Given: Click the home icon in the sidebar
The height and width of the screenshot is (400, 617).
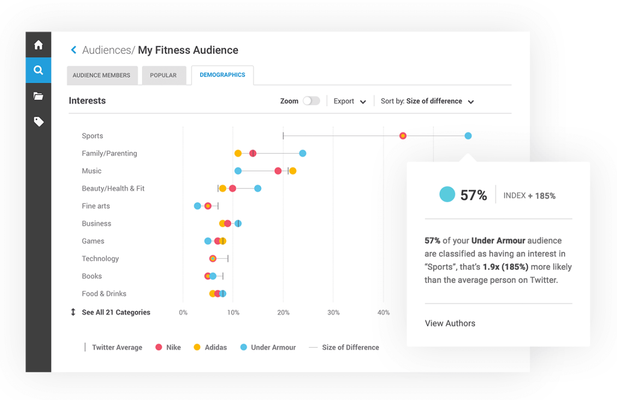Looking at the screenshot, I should tap(38, 45).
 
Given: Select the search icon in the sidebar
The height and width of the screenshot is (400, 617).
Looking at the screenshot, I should tap(38, 70).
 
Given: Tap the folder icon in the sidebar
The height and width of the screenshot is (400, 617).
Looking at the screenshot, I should tap(38, 96).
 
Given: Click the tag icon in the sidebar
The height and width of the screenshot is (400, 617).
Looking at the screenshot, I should tap(38, 122).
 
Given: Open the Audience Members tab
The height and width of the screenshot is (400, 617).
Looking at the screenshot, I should tap(102, 75).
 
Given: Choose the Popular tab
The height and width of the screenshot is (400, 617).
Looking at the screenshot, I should tap(163, 75).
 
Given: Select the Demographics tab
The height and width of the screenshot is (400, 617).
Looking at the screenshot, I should tap(222, 75).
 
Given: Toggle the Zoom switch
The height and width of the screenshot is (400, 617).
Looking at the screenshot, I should tap(311, 101).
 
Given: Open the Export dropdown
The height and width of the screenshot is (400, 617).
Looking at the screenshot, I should tap(350, 101).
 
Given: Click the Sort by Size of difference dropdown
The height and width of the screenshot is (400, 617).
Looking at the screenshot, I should tap(427, 101).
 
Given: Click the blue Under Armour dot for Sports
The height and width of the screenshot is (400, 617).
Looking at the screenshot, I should tap(468, 136).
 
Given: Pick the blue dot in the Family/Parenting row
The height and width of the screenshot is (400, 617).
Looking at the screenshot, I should tap(303, 154).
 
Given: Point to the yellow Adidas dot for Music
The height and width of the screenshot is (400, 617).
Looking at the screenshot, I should tap(293, 171).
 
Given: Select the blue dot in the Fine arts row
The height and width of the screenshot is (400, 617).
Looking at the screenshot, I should tap(197, 206).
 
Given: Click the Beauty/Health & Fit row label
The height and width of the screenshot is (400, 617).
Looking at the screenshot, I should tap(113, 188).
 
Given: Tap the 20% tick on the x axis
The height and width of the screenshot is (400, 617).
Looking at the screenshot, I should tap(283, 313).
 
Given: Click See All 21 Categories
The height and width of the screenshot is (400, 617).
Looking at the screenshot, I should tap(116, 312).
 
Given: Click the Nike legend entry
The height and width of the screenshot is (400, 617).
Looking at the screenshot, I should tap(168, 348).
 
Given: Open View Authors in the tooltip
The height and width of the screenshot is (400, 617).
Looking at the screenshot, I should tap(450, 323).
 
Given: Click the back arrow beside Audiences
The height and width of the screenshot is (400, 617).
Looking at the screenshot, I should tap(74, 50).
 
